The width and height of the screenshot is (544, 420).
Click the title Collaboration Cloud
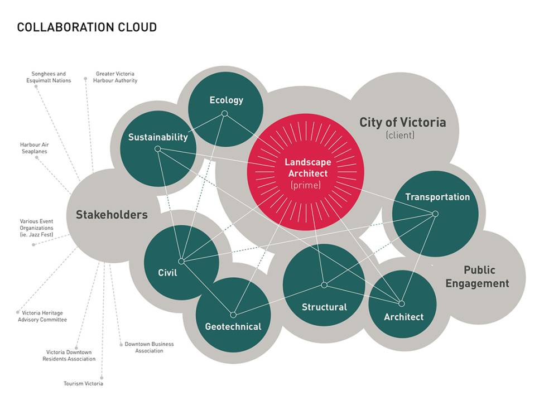click(86, 27)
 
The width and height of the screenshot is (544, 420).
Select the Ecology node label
click(226, 100)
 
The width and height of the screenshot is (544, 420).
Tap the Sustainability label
click(158, 137)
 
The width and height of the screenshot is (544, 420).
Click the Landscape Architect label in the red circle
click(307, 168)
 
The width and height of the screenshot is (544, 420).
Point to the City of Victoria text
click(402, 122)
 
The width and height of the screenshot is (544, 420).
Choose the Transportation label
click(437, 197)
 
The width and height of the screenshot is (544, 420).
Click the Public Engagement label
click(486, 277)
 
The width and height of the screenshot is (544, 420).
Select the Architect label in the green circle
click(403, 317)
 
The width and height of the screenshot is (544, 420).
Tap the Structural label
click(324, 307)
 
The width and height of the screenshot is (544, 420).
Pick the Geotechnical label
click(233, 326)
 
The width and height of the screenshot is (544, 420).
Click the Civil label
click(167, 273)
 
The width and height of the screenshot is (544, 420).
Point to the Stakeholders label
click(112, 214)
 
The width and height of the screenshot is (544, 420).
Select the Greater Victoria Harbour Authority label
click(117, 77)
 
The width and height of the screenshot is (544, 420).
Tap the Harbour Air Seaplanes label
click(34, 148)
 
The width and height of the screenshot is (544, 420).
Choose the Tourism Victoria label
click(83, 383)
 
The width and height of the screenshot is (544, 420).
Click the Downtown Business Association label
click(149, 347)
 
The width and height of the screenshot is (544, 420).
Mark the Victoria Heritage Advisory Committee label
click(42, 316)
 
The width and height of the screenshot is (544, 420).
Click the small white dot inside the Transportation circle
click(435, 214)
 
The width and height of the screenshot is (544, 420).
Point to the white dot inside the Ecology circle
click(224, 114)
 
